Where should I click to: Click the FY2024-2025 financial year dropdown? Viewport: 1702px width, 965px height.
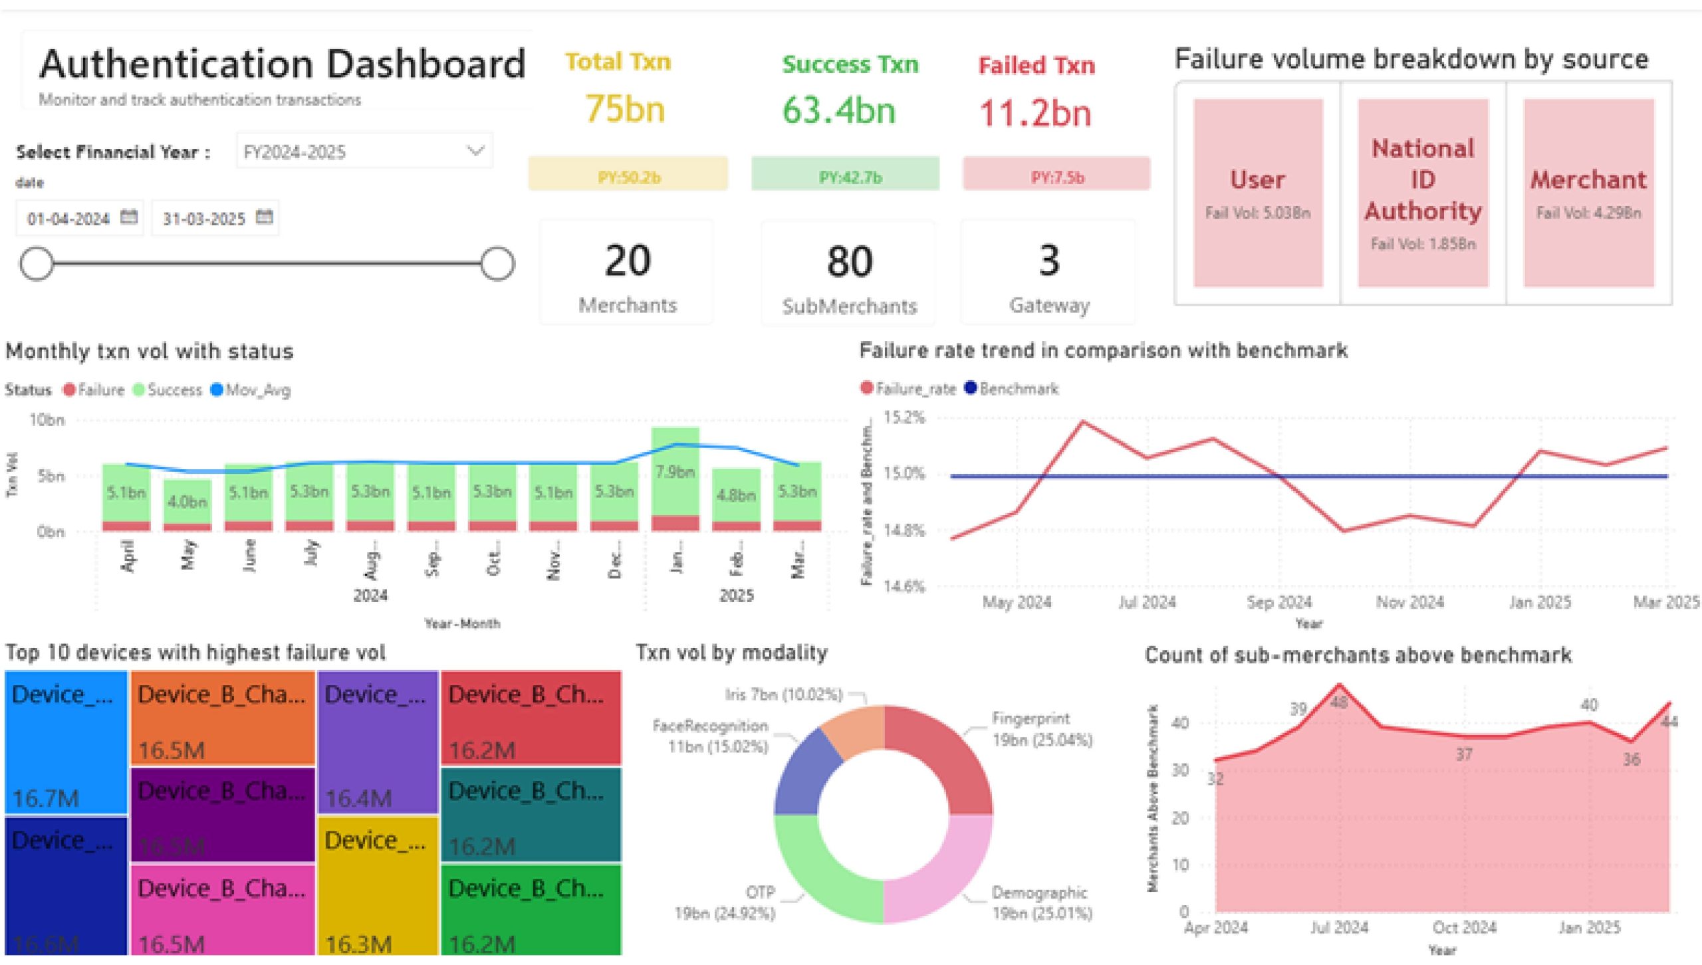[x=364, y=152]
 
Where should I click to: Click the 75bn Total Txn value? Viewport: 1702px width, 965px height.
[x=624, y=109]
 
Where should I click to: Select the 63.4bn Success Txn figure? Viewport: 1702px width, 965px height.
[x=838, y=110]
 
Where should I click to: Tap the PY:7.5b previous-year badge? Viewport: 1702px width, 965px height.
[x=1056, y=177]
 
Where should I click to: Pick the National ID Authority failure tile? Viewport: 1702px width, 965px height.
[x=1423, y=193]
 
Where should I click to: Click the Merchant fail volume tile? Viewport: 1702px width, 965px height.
[x=1588, y=193]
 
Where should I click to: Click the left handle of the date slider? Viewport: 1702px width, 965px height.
[x=37, y=264]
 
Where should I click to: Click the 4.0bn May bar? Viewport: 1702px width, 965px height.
[x=187, y=502]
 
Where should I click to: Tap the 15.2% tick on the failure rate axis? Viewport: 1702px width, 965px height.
[x=904, y=417]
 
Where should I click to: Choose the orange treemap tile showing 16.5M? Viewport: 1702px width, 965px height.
[x=223, y=718]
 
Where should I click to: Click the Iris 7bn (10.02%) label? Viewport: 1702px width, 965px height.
[x=784, y=695]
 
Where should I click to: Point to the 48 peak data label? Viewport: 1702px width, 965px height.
[x=1339, y=702]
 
